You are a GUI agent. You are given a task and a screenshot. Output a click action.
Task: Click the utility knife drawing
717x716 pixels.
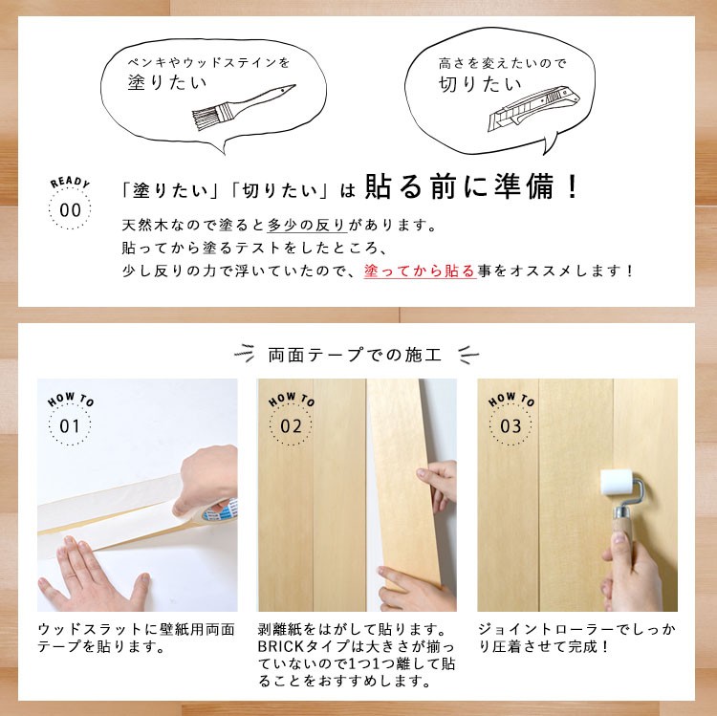(x=533, y=109)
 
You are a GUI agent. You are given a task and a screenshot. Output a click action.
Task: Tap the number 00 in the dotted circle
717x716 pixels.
(x=70, y=210)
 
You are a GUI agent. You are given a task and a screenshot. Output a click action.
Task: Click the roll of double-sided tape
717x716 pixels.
(x=219, y=510)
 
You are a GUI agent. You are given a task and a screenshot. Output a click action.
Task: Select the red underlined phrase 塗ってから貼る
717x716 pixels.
(x=420, y=271)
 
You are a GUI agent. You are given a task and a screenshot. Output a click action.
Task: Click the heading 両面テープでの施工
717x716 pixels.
(x=355, y=355)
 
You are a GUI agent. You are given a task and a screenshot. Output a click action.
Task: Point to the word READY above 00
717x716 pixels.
(x=70, y=182)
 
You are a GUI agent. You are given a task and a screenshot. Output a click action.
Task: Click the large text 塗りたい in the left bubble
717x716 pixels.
(x=167, y=82)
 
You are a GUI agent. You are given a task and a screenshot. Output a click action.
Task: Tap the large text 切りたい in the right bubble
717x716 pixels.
(x=480, y=84)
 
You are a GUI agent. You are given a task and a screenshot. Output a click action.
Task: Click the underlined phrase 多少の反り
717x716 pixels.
(x=307, y=225)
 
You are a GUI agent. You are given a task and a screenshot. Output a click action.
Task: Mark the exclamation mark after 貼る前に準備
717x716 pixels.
(x=572, y=186)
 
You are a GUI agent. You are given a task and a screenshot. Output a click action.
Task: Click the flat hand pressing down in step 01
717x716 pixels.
(x=94, y=575)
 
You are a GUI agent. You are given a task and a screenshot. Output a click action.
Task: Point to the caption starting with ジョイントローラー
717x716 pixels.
(x=577, y=639)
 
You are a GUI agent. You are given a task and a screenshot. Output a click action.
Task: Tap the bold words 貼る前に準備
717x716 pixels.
(x=460, y=187)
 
